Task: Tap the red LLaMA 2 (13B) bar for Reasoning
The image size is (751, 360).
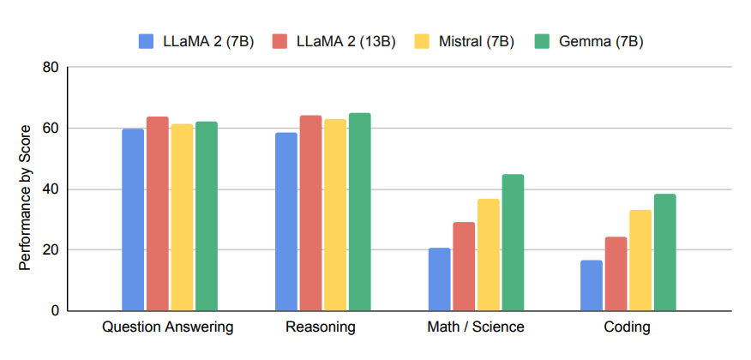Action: pyautogui.click(x=310, y=213)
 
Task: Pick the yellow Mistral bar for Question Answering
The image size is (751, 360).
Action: pyautogui.click(x=182, y=218)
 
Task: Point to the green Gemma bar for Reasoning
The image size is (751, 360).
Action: pyautogui.click(x=360, y=212)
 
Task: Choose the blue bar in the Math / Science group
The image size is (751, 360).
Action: pyautogui.click(x=439, y=279)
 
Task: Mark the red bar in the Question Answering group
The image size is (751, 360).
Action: pyautogui.click(x=157, y=213)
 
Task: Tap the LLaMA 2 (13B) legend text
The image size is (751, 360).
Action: pyautogui.click(x=345, y=41)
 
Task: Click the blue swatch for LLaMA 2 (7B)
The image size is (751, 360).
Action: pyautogui.click(x=146, y=41)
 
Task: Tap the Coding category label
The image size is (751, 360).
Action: pyautogui.click(x=627, y=327)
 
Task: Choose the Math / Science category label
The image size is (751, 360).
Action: pyautogui.click(x=475, y=327)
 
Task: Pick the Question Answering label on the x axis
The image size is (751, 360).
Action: pyautogui.click(x=168, y=327)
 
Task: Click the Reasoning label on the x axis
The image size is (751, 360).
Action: pyautogui.click(x=320, y=327)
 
